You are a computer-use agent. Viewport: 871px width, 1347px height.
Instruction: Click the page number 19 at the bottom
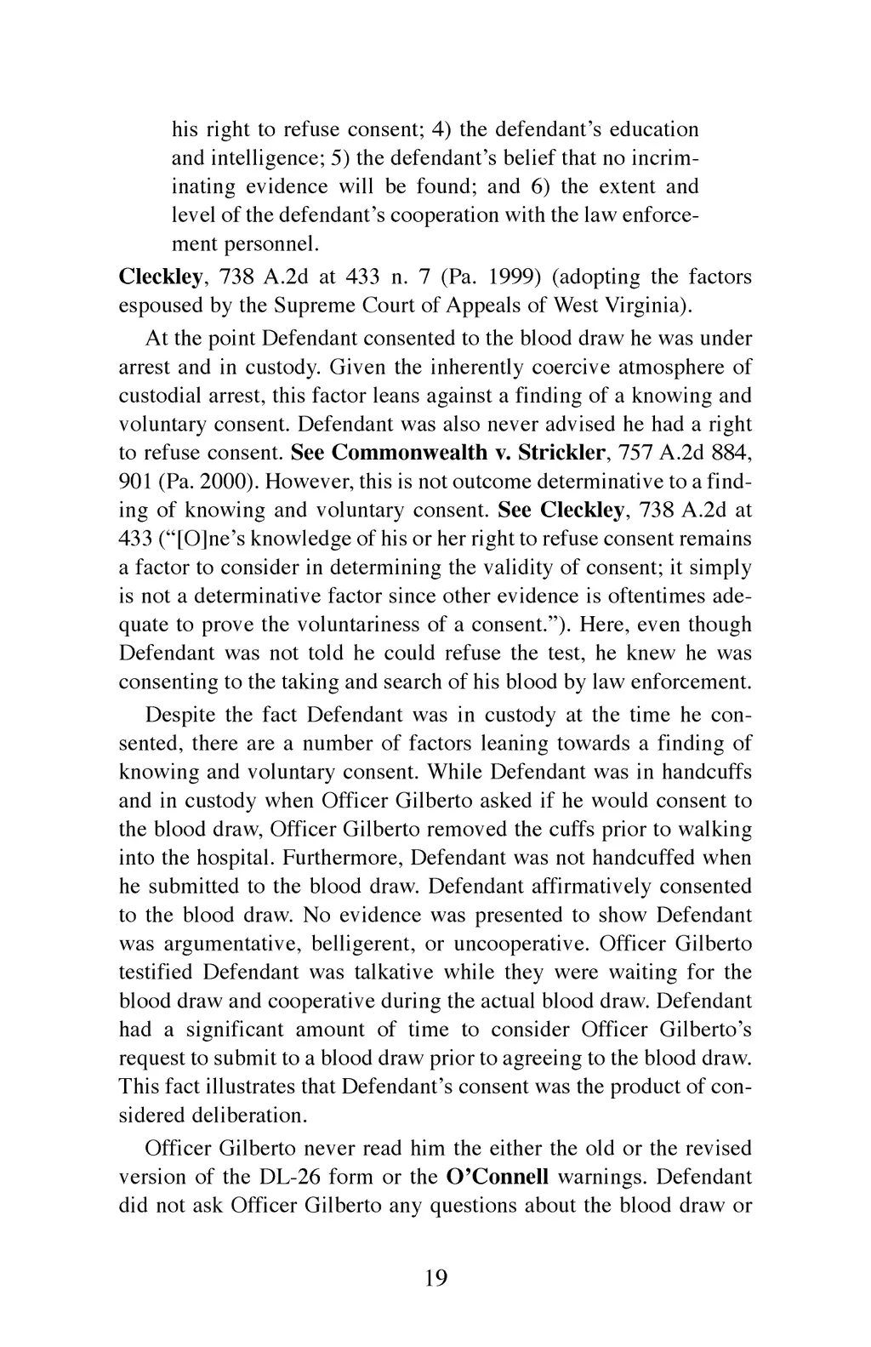pos(435,1277)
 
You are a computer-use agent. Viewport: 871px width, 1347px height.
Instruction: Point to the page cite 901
pos(134,481)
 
